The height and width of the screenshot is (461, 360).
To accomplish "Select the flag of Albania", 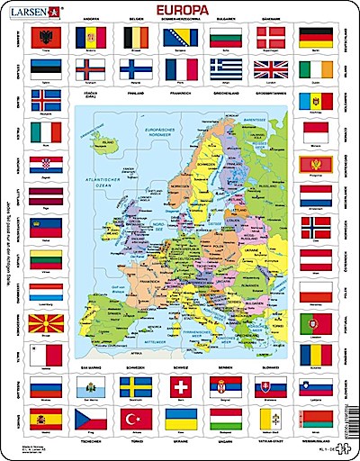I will click(x=41, y=37).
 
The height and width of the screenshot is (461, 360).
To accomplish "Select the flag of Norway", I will click(x=319, y=226).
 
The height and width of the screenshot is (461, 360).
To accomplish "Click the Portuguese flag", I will click(x=319, y=321).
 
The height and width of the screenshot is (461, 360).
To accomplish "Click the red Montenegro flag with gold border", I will click(x=319, y=163).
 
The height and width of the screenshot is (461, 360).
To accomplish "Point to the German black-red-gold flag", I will click(x=319, y=37).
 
